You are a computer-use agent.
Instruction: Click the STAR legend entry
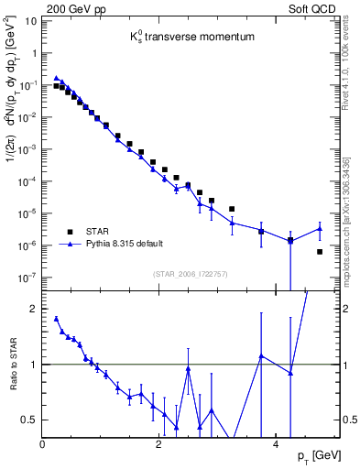tap(98, 232)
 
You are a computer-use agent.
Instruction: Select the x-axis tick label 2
tap(159, 444)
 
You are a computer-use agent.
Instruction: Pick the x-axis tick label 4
tap(276, 444)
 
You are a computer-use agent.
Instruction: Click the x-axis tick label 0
tap(43, 444)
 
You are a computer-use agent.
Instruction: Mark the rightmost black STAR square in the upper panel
tap(319, 251)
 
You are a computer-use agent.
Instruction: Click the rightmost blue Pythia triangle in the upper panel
tap(319, 229)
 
